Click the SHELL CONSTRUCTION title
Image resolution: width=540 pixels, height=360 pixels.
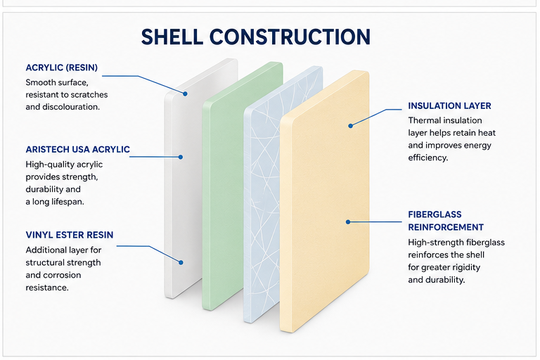[x=256, y=37]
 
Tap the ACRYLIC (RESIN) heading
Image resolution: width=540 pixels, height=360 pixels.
[x=62, y=67]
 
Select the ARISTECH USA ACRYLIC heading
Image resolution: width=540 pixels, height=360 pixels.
[x=78, y=149]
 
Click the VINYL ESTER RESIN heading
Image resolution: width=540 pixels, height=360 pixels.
[x=70, y=235]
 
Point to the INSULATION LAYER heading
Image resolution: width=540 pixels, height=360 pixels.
[x=449, y=105]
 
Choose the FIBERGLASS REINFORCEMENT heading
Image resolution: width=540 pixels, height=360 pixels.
[x=446, y=221]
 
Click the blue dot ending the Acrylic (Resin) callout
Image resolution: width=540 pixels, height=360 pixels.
[x=186, y=94]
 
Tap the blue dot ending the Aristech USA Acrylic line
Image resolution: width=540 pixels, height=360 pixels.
[x=181, y=157]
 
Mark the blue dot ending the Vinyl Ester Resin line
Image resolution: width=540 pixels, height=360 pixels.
[x=181, y=262]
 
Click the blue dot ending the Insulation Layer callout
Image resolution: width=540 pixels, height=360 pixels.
[x=351, y=126]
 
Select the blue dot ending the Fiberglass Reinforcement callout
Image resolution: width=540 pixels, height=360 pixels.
[x=348, y=222]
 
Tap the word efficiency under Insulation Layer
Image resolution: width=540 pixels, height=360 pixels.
[x=428, y=157]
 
